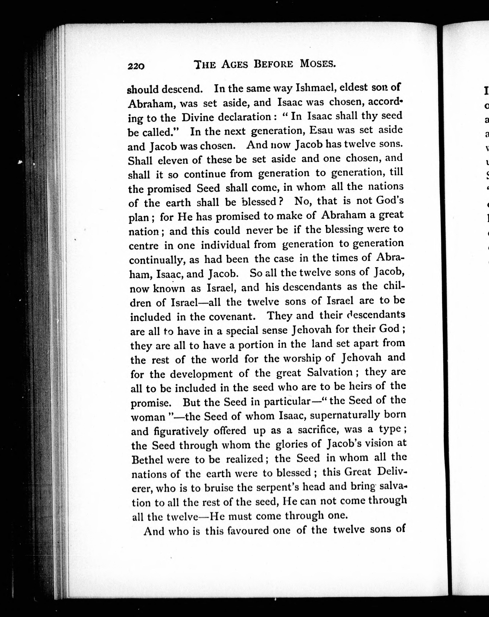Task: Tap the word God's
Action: pyautogui.click(x=389, y=200)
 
